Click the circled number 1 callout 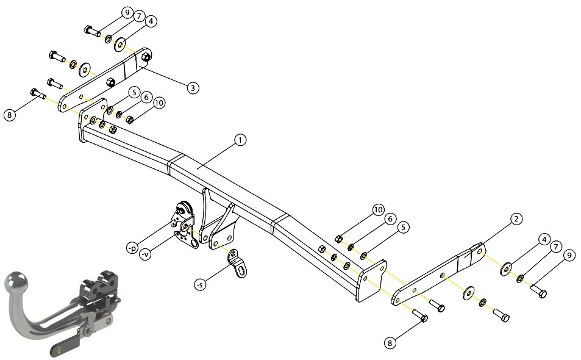click(x=240, y=140)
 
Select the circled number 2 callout click(x=516, y=218)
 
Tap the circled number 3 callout click(x=193, y=88)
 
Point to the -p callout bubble click(x=132, y=248)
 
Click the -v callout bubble click(x=146, y=254)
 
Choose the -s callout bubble click(x=200, y=285)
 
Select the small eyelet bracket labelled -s click(x=238, y=263)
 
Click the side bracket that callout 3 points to click(x=105, y=79)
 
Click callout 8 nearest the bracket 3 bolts click(x=10, y=115)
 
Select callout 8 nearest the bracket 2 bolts click(x=390, y=343)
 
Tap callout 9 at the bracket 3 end click(x=127, y=13)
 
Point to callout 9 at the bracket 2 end click(x=569, y=256)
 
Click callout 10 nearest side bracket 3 click(x=159, y=103)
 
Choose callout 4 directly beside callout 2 click(x=544, y=240)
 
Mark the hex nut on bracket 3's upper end click(x=146, y=57)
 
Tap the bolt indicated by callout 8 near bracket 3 click(x=38, y=93)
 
